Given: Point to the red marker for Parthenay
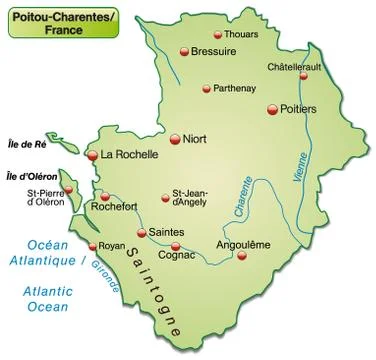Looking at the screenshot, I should [206, 88].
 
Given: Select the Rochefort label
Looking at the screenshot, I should [113, 208].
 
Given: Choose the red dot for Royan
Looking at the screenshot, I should [92, 246].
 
